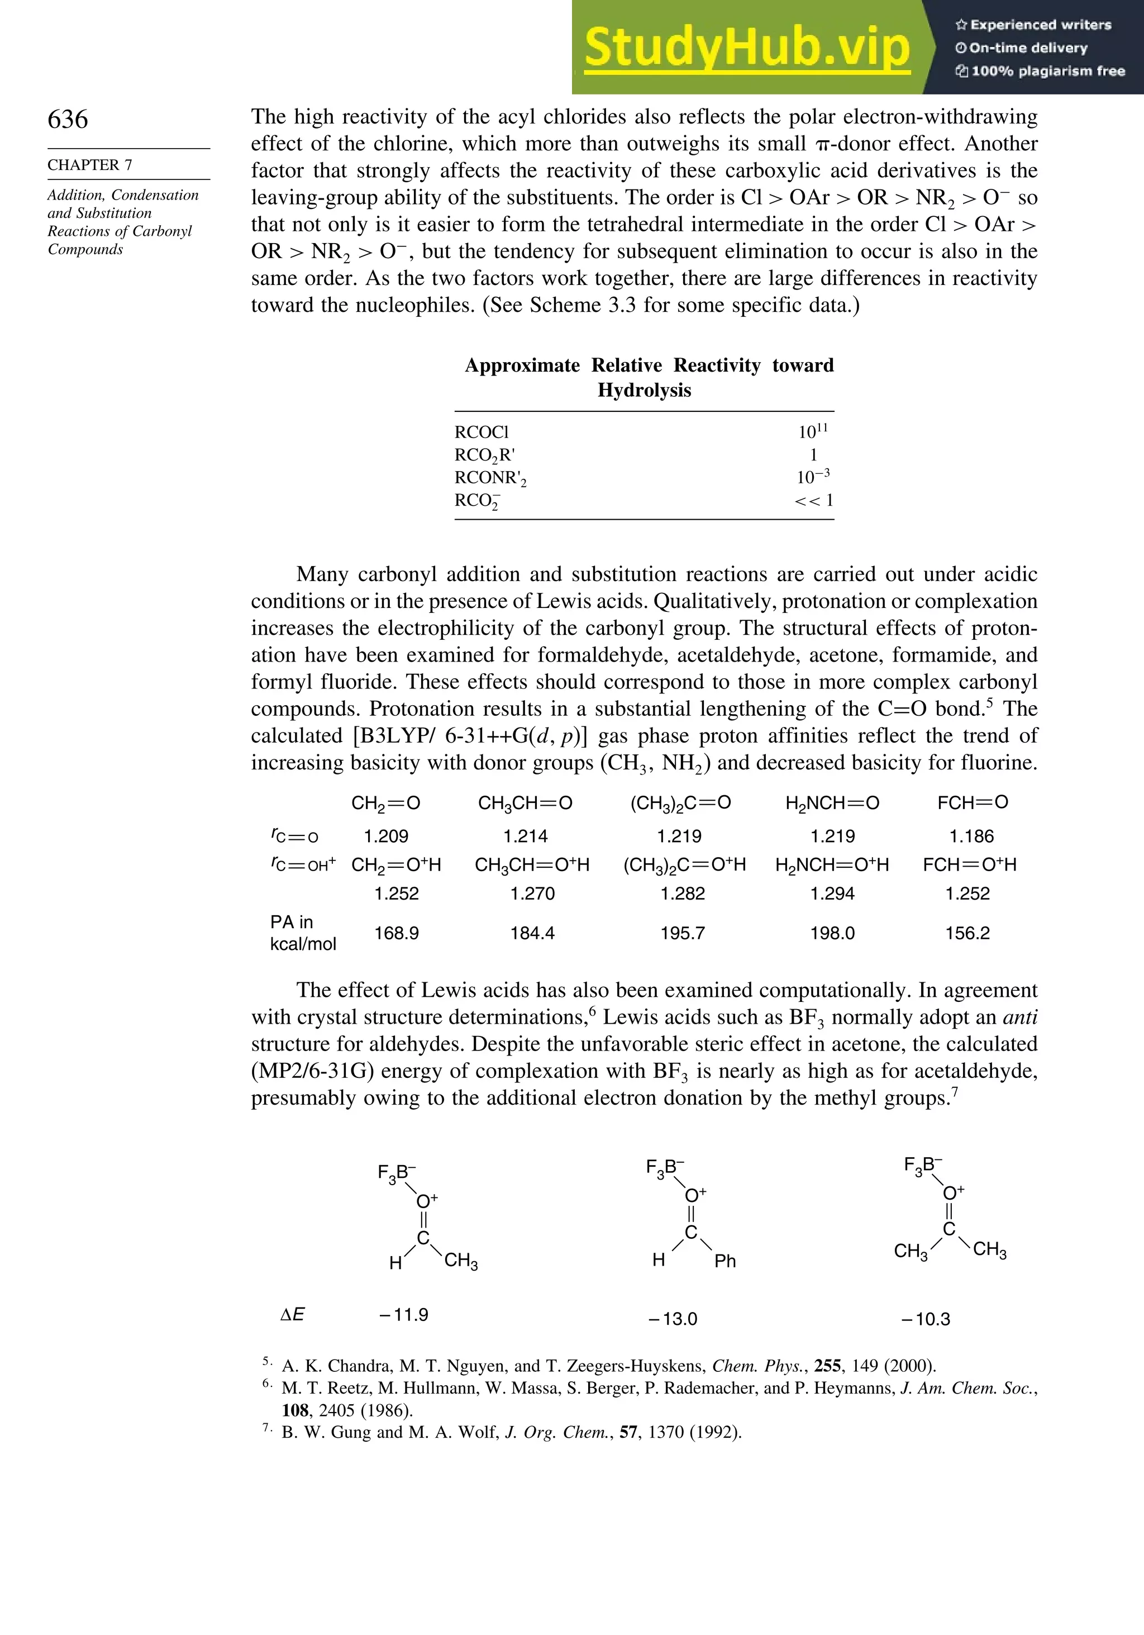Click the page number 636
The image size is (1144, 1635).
68,119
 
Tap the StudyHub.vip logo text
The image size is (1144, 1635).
746,47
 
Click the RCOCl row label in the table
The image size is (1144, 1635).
482,432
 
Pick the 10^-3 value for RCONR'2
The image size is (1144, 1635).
813,477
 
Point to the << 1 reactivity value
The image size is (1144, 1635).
813,500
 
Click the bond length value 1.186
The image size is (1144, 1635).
971,836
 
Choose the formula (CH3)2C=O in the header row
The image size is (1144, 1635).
680,804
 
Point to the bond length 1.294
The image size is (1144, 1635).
832,893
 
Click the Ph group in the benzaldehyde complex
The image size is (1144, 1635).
724,1261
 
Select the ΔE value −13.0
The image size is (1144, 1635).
673,1319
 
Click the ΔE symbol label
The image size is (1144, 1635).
292,1315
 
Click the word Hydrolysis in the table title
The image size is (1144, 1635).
644,390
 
